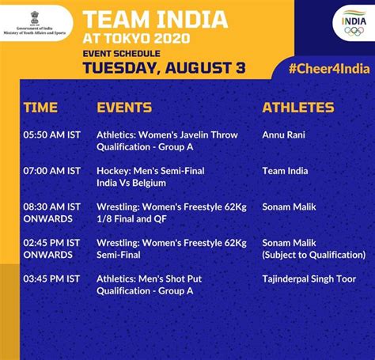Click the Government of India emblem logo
(35, 18)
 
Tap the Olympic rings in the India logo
(354, 31)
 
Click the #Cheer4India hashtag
(329, 69)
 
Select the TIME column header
(40, 108)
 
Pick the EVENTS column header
(124, 108)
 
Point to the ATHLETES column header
(298, 108)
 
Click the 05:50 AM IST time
(51, 135)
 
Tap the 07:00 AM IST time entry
(51, 171)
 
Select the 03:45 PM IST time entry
(51, 279)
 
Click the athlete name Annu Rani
(284, 135)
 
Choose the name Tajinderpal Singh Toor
(309, 279)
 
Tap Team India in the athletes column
(285, 171)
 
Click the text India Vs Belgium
(131, 183)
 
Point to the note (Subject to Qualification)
(314, 255)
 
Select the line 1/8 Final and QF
(131, 219)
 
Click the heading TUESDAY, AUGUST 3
(164, 68)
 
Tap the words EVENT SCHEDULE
(121, 54)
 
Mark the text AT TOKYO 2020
(136, 39)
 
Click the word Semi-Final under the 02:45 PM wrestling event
(119, 255)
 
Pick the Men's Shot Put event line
(149, 279)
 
